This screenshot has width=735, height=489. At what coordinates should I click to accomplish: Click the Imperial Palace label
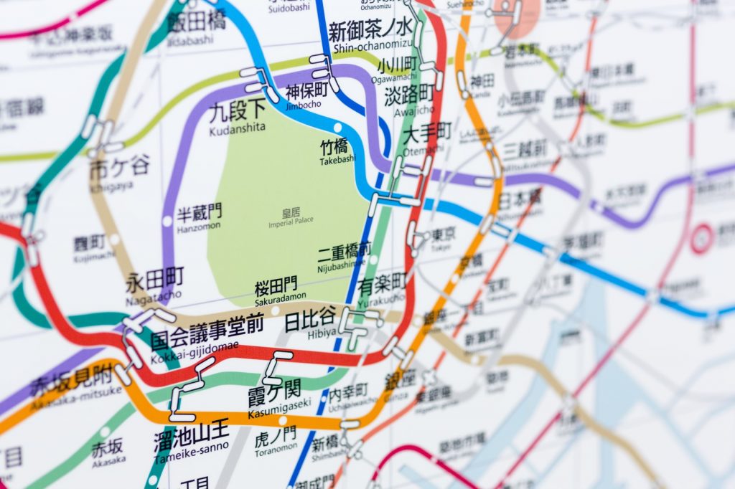291,218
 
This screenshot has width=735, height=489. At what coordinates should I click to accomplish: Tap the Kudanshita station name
238,118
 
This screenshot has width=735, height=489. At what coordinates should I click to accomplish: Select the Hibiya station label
310,322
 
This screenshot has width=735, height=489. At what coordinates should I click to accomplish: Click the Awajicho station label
409,100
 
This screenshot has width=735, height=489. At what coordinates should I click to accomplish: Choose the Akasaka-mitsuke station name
75,382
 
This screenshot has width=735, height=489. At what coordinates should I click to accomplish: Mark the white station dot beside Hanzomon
167,221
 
